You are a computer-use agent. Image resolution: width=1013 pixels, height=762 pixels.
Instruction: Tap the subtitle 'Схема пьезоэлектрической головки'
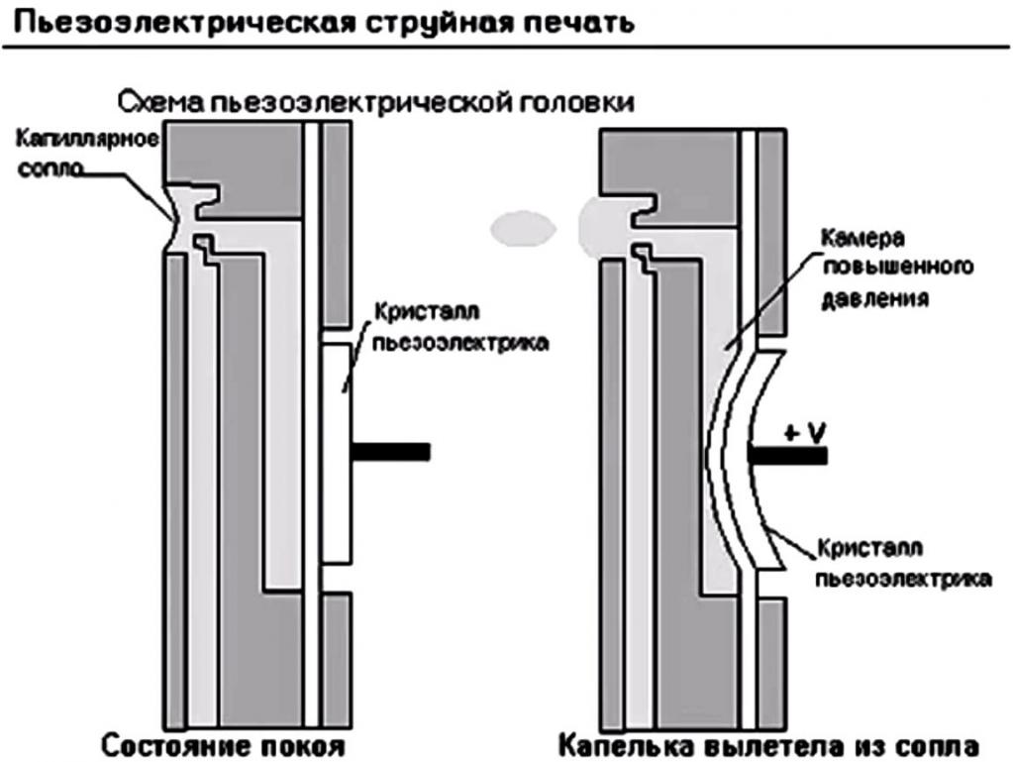pyautogui.click(x=375, y=102)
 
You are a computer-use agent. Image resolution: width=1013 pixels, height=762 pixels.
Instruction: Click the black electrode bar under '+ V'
pyautogui.click(x=788, y=455)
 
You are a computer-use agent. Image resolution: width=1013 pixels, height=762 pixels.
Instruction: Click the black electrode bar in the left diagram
pyautogui.click(x=390, y=452)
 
